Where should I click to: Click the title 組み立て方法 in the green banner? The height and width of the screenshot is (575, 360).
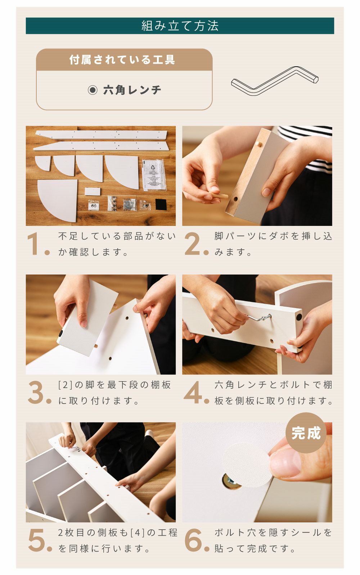coord(180,26)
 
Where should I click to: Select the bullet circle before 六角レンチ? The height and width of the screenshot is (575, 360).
coord(93,90)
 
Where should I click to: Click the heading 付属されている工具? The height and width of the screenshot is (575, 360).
coord(122,59)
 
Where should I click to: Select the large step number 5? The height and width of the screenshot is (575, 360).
coord(36,540)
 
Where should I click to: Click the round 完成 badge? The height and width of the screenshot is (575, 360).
coord(306,433)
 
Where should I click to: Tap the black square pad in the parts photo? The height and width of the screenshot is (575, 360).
coord(161,205)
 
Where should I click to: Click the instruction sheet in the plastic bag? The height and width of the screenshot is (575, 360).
coord(154,175)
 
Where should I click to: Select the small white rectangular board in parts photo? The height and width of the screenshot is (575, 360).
coord(93,192)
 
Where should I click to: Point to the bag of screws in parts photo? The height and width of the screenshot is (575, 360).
coord(130,204)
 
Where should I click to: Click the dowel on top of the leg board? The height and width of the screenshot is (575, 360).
coord(259,144)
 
